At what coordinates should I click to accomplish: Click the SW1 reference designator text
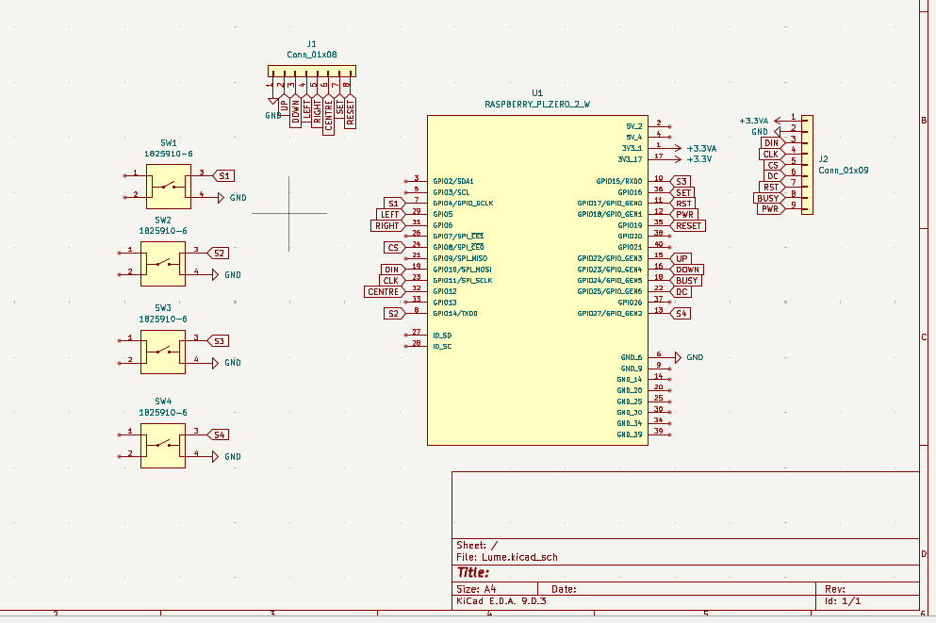tap(164, 141)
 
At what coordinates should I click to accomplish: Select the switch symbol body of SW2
tap(163, 263)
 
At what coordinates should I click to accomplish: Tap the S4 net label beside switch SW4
tap(219, 434)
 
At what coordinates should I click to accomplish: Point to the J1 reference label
tap(311, 44)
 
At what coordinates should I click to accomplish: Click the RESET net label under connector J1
tap(351, 111)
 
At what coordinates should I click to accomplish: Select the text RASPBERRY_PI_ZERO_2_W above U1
tap(536, 105)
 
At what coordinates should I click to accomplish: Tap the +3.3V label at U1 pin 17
tap(698, 159)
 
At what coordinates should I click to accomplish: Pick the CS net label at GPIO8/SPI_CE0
tap(393, 247)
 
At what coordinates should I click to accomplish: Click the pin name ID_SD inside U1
tap(441, 335)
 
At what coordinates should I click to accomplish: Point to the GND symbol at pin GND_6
tap(694, 358)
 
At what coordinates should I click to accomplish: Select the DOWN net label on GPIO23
tap(686, 270)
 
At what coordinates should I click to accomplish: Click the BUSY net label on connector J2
tap(768, 198)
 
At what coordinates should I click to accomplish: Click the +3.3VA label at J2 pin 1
tap(755, 121)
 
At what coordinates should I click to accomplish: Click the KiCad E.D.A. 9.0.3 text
tap(501, 600)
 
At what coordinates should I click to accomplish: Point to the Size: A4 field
tap(476, 587)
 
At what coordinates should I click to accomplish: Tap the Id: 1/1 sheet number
tap(842, 600)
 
